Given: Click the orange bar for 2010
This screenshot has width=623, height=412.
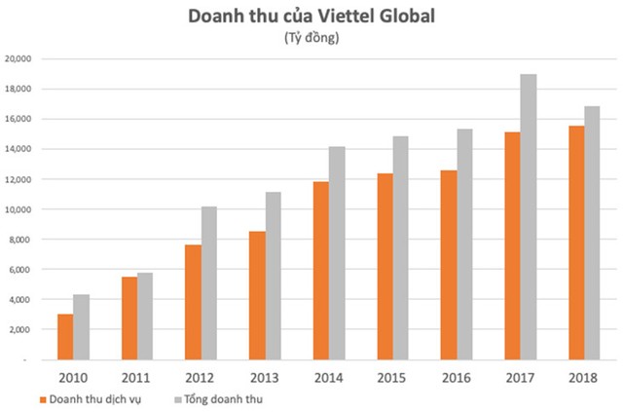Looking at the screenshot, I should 64,336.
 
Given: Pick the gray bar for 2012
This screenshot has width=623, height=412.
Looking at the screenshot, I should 208,282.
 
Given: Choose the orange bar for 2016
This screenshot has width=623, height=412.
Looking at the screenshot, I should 448,264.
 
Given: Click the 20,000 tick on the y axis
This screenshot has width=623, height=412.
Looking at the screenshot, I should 19,58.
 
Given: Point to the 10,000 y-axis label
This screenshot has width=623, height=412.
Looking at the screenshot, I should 19,209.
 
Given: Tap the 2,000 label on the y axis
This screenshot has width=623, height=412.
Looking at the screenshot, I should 22,329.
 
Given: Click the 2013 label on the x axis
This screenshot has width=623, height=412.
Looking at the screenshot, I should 264,376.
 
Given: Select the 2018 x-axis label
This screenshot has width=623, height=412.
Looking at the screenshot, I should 583,376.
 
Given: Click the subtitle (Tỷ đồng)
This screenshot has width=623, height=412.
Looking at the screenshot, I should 311,38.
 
